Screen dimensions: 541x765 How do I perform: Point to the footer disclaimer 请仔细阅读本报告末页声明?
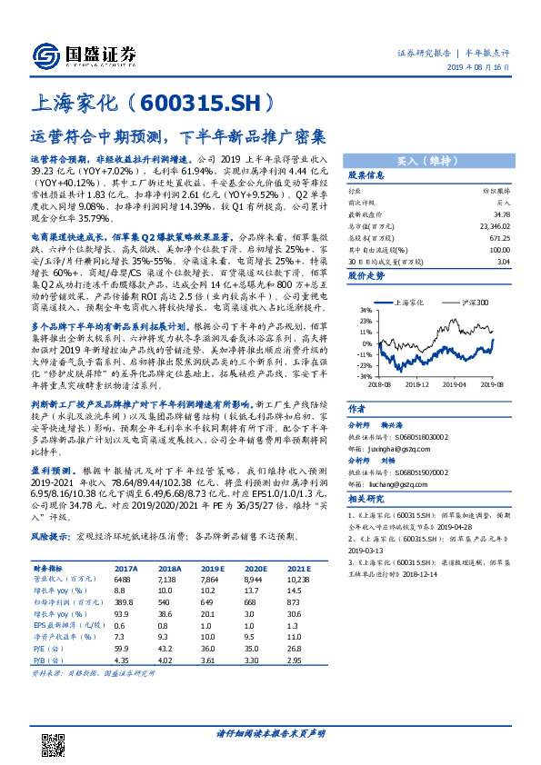click(x=270, y=732)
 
